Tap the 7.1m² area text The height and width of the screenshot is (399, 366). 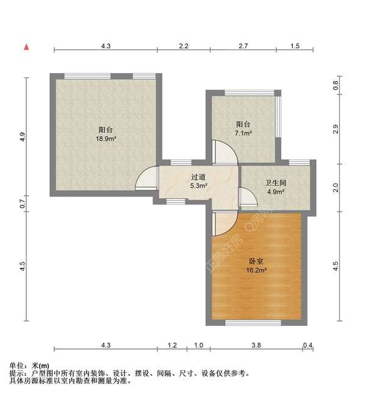tap(244, 132)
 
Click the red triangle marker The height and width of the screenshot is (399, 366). tap(26, 46)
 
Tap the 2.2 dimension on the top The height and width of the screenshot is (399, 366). tap(184, 46)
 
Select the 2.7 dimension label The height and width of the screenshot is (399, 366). tap(243, 46)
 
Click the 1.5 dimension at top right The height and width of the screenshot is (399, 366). tap(295, 46)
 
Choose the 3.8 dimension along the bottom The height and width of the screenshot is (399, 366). tap(256, 346)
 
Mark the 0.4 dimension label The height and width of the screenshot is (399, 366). tap(308, 346)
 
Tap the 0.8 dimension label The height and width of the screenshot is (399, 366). tap(335, 86)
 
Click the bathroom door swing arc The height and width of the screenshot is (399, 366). tap(246, 196)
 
